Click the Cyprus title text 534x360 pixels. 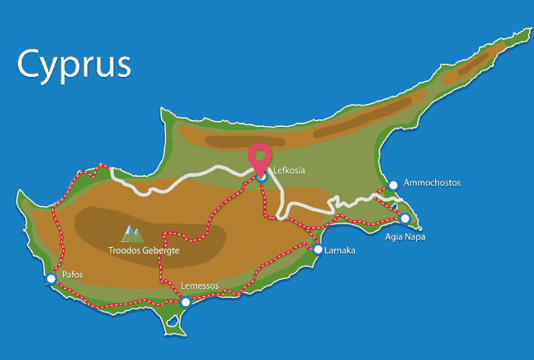74,64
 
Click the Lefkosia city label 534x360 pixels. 289,171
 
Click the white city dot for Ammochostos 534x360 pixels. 393,185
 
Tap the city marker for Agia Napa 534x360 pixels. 405,218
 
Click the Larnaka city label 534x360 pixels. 339,250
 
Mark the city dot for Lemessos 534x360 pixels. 186,303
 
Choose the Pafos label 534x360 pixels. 73,275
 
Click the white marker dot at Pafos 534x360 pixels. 52,279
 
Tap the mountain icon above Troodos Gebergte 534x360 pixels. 130,235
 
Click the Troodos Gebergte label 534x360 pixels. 143,250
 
